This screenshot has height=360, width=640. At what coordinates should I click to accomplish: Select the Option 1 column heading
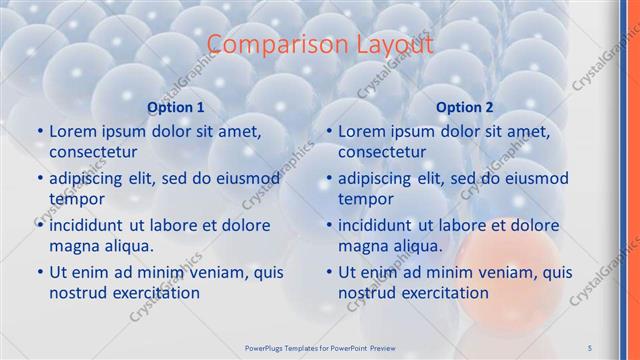coord(176,107)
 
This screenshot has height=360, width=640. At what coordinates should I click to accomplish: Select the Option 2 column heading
coord(465,107)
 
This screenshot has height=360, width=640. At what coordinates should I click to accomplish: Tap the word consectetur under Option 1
coord(93,152)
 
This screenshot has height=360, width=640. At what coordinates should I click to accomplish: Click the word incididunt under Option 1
coord(91,225)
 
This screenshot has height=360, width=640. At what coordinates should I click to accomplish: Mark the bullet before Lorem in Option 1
coord(40,131)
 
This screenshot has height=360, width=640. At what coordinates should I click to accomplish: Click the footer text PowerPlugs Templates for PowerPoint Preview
coord(320,346)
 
